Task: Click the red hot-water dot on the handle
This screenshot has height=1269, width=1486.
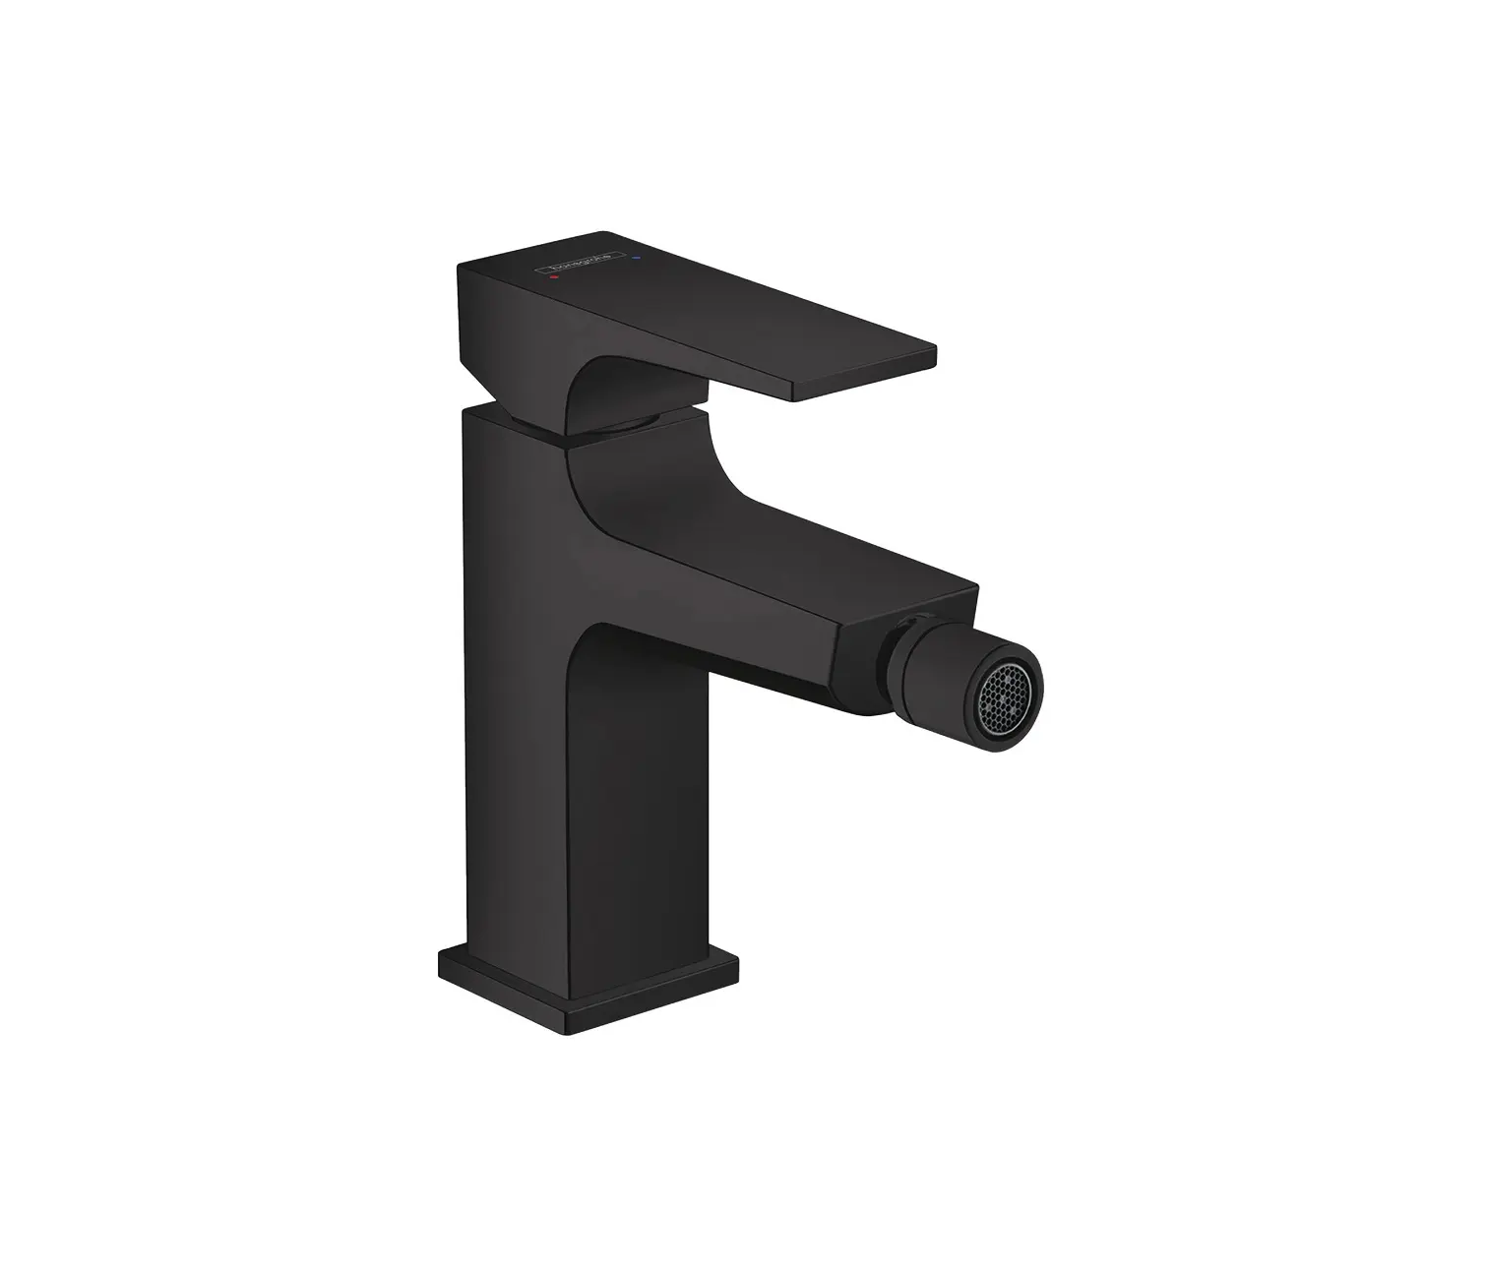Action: pos(555,278)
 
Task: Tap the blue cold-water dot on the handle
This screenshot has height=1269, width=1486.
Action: pos(637,260)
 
